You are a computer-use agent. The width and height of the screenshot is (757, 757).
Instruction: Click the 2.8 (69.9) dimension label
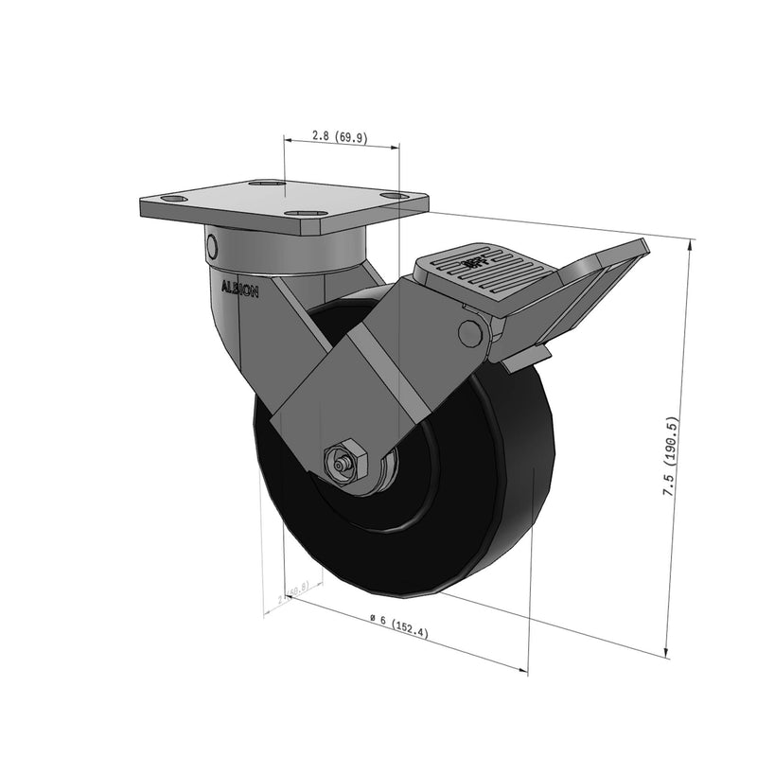(x=340, y=137)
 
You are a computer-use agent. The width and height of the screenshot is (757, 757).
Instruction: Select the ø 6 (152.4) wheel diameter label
(x=397, y=626)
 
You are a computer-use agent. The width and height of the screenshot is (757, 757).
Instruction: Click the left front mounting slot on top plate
(x=174, y=200)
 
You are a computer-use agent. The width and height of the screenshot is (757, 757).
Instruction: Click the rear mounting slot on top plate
(x=268, y=185)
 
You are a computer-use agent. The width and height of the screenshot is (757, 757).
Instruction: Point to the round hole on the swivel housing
(x=212, y=248)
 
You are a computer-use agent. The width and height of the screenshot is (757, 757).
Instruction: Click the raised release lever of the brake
(x=606, y=274)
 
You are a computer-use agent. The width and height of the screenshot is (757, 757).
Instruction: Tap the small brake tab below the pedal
(x=526, y=359)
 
